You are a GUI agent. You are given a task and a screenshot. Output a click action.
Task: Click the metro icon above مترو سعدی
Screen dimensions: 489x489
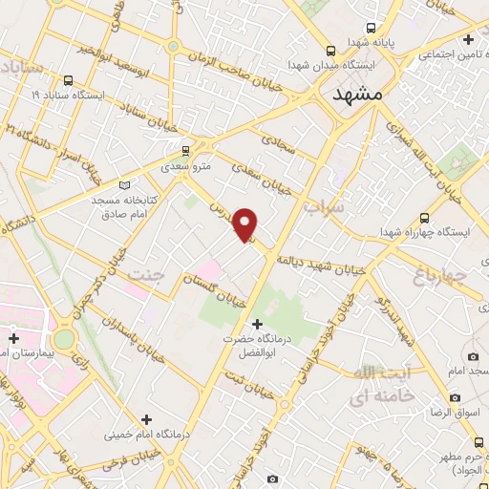click(185, 149)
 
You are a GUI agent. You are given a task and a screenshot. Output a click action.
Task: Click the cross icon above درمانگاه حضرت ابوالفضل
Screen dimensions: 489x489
click(256, 325)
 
